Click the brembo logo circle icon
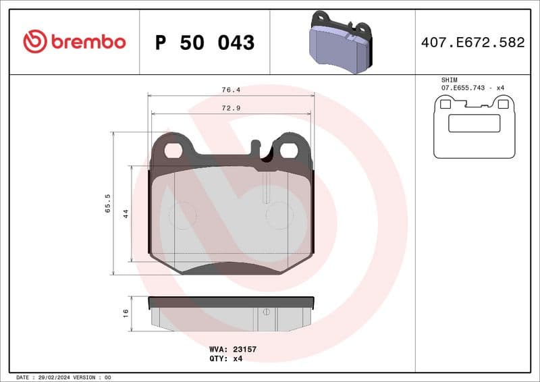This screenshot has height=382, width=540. (x=34, y=42)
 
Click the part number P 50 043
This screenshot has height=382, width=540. (x=205, y=43)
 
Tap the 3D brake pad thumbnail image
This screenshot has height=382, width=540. (x=342, y=42)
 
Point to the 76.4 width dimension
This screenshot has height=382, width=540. (x=232, y=89)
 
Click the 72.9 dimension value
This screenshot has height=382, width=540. (x=232, y=108)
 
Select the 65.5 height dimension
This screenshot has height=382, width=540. (x=107, y=203)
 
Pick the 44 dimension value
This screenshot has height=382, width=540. (x=126, y=213)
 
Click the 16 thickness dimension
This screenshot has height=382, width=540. (x=126, y=313)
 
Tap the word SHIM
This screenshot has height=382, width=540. (x=449, y=80)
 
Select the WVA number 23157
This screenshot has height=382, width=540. (x=242, y=349)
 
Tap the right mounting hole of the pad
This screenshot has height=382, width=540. (x=288, y=150)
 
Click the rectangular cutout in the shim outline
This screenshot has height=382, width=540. (x=474, y=123)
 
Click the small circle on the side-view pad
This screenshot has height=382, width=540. (x=267, y=311)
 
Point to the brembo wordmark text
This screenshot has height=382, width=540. (x=88, y=42)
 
